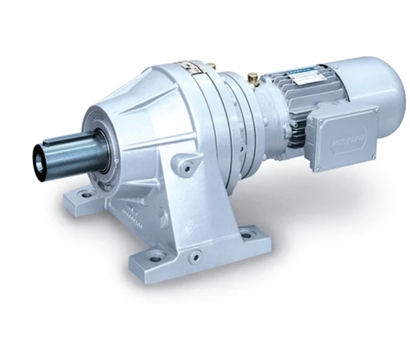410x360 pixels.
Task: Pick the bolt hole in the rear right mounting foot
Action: point(247,236)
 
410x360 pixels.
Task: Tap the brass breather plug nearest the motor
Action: point(252,78)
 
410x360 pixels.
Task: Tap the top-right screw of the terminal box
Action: point(372,110)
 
